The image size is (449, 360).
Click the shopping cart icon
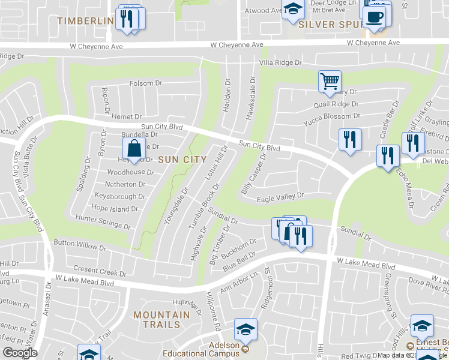tap(329, 82)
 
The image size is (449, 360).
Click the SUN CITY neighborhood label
tap(182, 160)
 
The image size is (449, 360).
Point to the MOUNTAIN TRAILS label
tap(157, 319)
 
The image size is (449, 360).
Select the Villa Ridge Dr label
tap(280, 62)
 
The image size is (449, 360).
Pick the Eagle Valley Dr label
tap(281, 196)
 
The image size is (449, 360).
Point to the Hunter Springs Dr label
tap(103, 223)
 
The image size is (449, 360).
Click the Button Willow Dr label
tap(80, 246)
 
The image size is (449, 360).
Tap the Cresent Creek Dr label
tap(100, 271)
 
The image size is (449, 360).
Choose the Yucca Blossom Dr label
tap(332, 116)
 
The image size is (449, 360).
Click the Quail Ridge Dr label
tap(336, 104)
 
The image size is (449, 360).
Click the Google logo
tap(20, 353)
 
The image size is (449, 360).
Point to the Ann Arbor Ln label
tap(238, 282)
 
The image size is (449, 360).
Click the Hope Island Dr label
tap(115, 209)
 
